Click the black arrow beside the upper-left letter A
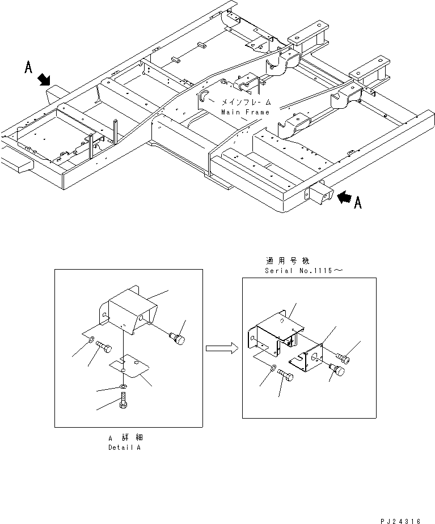(x=44, y=80)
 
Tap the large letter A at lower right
(x=357, y=203)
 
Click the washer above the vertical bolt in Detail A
(x=124, y=386)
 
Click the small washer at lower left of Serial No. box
(x=274, y=369)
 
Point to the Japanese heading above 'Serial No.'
(x=287, y=262)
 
